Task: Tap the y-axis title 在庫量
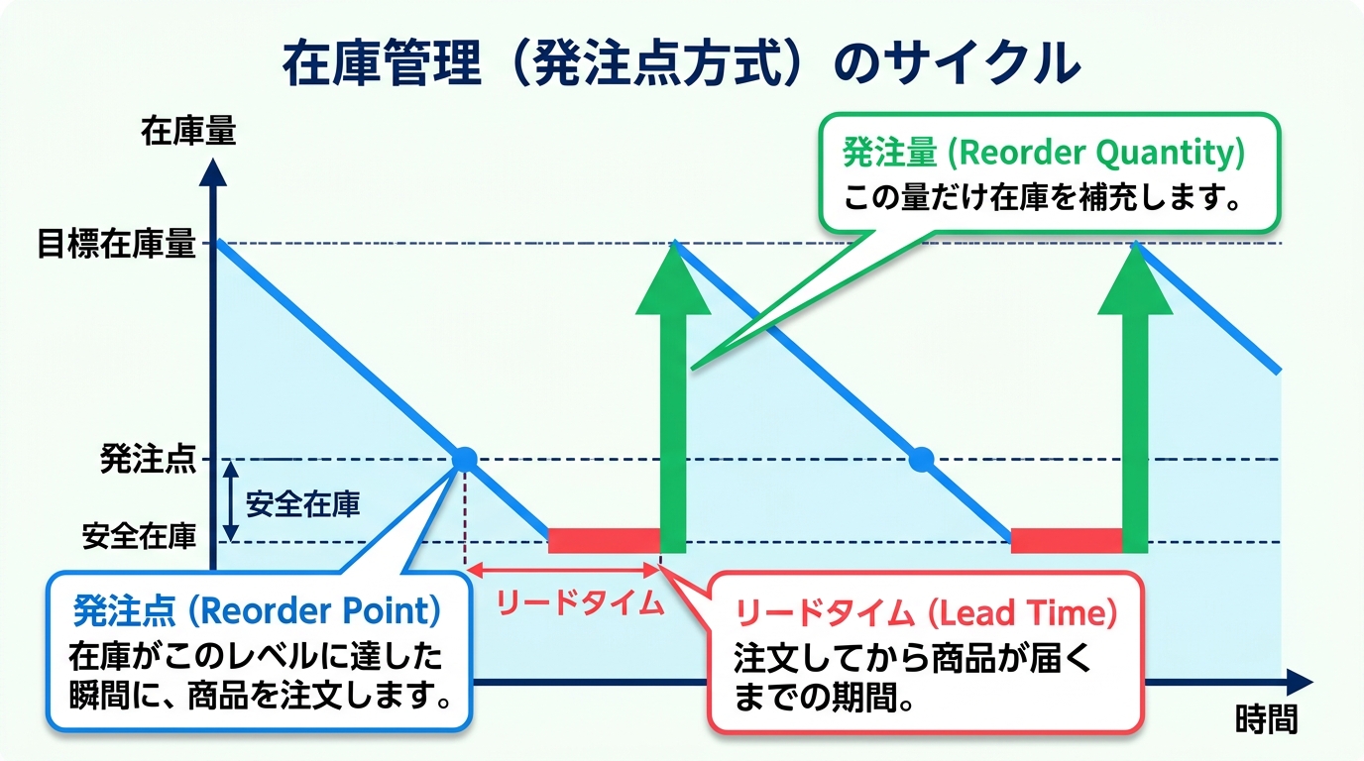pos(188,132)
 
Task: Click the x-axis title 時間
pos(1266,718)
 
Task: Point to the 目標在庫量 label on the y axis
pos(116,245)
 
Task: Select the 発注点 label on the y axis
pos(148,460)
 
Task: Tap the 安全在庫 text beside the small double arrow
pos(302,503)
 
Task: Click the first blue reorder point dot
pos(464,459)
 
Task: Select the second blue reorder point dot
pos(922,459)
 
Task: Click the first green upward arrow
pos(673,396)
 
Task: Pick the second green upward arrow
pos(1135,396)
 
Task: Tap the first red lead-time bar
pos(603,540)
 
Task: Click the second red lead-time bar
pos(1066,540)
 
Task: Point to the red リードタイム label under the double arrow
pos(580,603)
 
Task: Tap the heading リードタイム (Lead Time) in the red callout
pos(926,614)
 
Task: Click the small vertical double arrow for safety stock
pos(230,500)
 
